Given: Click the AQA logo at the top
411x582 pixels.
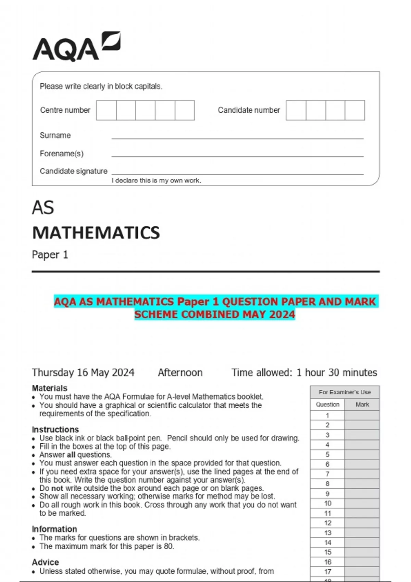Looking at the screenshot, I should (76, 47).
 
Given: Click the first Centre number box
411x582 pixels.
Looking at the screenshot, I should (106, 110).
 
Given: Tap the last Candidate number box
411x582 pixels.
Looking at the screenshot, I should (355, 110).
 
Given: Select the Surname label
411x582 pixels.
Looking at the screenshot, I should (55, 135).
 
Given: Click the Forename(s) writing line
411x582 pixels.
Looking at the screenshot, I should (237, 156).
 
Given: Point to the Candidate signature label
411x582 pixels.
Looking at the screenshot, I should (73, 171).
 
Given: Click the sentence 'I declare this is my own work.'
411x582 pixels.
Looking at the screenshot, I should (156, 180).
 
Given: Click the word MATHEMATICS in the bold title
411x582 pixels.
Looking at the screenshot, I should (96, 233).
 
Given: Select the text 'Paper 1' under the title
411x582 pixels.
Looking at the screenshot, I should (50, 255).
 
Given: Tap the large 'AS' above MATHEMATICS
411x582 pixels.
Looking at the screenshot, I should (43, 207).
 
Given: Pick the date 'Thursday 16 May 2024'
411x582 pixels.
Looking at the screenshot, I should (83, 372).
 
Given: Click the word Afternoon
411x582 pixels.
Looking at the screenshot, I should (180, 372).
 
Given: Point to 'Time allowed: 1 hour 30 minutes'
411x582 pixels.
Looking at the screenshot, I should (304, 372).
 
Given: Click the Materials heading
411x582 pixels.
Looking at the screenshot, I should (50, 388).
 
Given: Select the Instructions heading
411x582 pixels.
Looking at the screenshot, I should (55, 429).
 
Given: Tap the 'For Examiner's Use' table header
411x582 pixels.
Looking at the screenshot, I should (345, 392).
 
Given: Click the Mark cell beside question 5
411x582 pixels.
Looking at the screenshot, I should (362, 454).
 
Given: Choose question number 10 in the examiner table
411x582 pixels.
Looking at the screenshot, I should (328, 503).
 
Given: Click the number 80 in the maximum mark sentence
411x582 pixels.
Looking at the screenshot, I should (168, 546).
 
